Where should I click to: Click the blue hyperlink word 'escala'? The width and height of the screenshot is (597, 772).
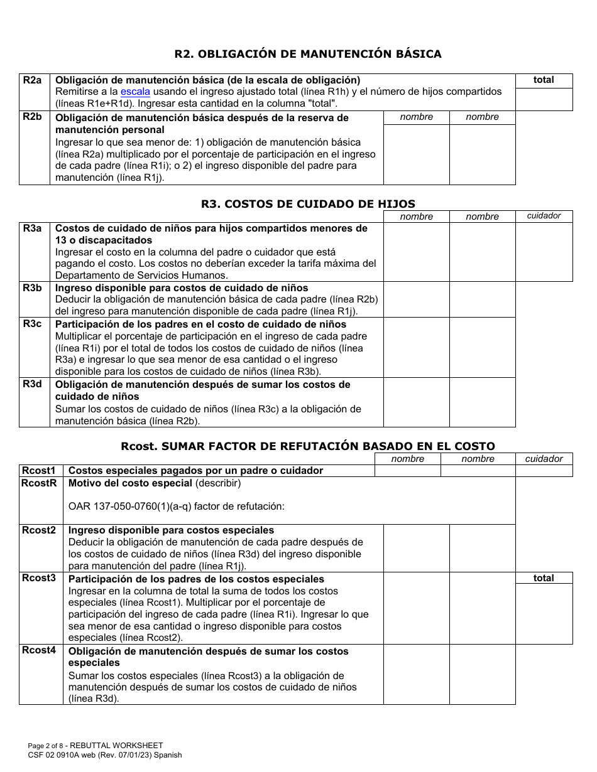coord(135,92)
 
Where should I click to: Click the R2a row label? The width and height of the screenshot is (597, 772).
coord(33,80)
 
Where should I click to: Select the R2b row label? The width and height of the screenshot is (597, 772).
coord(33,117)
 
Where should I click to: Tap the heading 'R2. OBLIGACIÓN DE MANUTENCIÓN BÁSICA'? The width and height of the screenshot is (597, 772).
coord(307,54)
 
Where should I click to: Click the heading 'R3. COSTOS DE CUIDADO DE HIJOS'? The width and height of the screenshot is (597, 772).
coord(307,204)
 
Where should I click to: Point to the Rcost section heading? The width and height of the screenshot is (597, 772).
coord(307,446)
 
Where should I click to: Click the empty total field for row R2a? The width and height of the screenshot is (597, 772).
coord(544,99)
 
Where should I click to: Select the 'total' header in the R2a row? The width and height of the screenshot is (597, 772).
coord(544,80)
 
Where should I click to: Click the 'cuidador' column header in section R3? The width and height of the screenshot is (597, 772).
coord(544,216)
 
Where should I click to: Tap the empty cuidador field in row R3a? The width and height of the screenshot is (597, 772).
coord(544,252)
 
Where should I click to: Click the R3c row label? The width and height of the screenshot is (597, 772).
coord(33,324)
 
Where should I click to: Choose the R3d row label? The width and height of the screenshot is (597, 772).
coord(33,384)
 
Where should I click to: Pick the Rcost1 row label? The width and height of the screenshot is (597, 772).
coord(39,471)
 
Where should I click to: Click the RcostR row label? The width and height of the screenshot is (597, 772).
coord(39,483)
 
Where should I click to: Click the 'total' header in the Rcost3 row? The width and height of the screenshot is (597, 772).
coord(544,578)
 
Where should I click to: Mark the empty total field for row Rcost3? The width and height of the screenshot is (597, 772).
coord(544,613)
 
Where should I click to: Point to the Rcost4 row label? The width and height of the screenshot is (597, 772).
coord(39,650)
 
